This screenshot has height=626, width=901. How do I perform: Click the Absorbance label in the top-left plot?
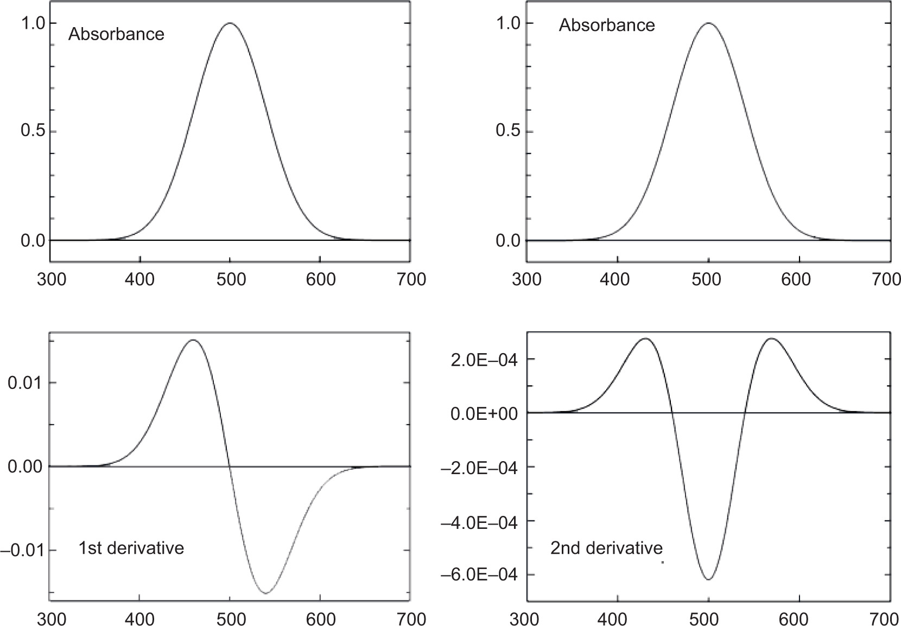(116, 34)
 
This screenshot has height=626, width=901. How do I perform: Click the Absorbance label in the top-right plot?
(607, 25)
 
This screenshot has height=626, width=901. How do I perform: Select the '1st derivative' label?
(131, 548)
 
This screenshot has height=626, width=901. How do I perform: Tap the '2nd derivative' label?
(606, 548)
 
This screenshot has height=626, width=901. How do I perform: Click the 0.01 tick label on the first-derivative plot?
(23, 383)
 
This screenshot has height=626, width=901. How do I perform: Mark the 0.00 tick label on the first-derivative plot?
(23, 467)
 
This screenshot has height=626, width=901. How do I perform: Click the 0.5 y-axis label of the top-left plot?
(31, 132)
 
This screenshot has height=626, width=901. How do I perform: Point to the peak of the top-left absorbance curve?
(230, 23)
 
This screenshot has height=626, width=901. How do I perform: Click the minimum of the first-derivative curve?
(265, 593)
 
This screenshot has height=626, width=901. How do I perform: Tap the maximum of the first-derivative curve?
(194, 340)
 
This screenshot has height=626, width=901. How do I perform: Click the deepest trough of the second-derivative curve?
(709, 579)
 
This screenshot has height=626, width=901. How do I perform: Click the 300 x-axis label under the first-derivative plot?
(50, 618)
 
